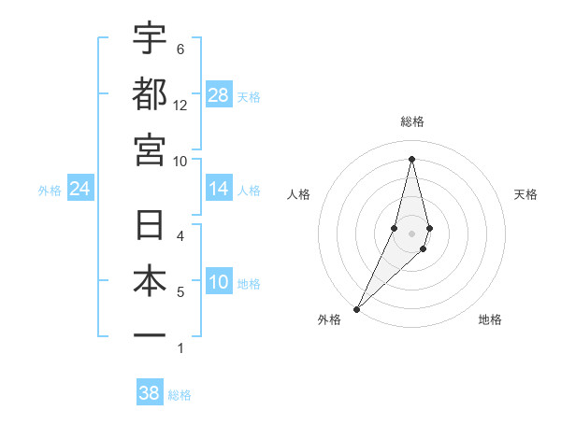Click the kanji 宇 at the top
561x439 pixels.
tap(150, 38)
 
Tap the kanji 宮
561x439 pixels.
tap(150, 149)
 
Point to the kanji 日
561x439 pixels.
tap(150, 227)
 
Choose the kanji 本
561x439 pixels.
tap(150, 282)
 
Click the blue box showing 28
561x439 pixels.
tap(219, 95)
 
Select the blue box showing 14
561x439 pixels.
tap(219, 190)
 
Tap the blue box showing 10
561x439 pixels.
tap(219, 283)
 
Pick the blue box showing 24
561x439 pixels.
tap(80, 190)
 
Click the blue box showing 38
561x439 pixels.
tap(150, 393)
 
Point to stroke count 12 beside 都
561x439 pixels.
tap(180, 106)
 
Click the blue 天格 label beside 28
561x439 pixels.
tap(249, 96)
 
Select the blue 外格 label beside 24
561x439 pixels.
tap(50, 191)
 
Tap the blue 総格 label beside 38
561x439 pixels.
tap(180, 394)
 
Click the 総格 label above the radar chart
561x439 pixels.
tap(412, 121)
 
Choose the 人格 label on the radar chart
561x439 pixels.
tap(298, 194)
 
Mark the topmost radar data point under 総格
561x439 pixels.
tap(412, 158)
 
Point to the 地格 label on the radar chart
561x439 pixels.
tap(490, 319)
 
